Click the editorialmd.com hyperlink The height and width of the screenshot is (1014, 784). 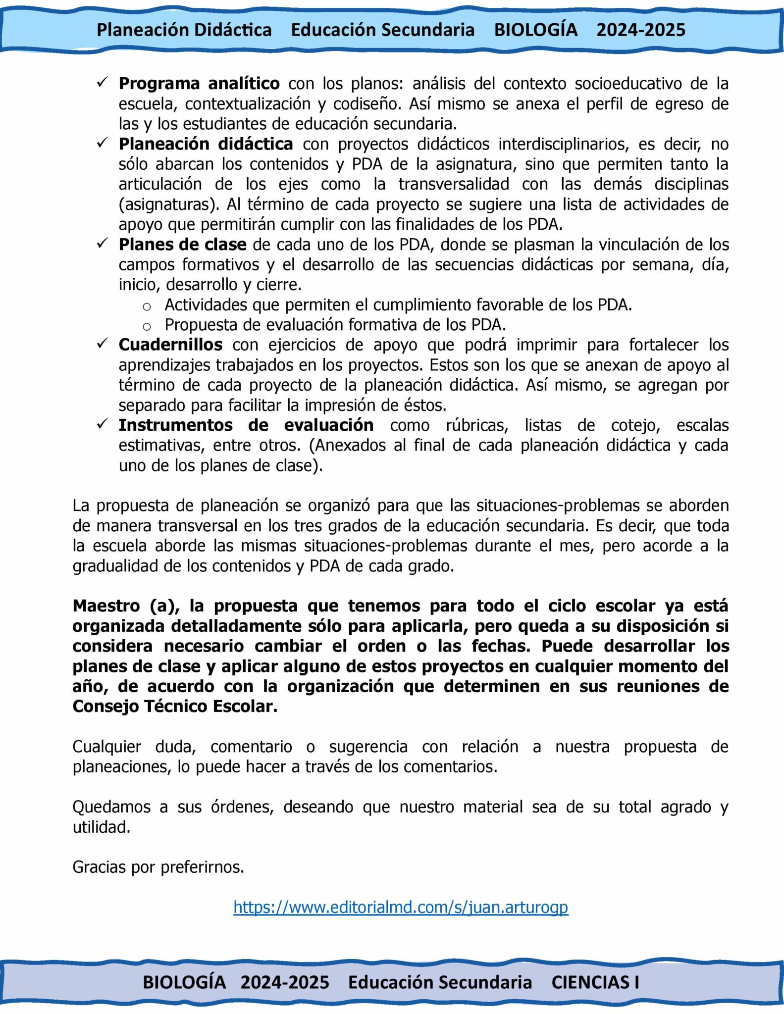pos(401,907)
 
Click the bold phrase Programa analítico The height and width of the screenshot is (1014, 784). pos(199,84)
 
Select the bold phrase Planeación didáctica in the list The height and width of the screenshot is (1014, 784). pos(206,144)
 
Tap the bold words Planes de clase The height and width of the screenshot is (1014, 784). pos(182,245)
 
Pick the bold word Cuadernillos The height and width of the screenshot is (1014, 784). pos(170,345)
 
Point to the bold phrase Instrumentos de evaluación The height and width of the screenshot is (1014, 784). pos(246,425)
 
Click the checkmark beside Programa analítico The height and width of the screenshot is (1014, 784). pos(103,82)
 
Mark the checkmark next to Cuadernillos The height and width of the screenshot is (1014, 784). pos(103,343)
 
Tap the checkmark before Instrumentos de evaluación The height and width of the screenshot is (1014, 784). pos(103,424)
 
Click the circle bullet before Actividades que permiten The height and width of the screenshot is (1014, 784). pos(147,307)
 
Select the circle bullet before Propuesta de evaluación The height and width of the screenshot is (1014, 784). pos(147,327)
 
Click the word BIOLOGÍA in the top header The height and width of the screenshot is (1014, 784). pos(536,30)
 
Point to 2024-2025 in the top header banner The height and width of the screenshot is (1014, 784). pos(641,30)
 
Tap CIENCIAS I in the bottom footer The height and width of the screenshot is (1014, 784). pos(595,982)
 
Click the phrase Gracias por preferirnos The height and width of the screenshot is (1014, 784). pos(158,867)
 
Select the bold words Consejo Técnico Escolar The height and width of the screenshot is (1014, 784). pos(174,707)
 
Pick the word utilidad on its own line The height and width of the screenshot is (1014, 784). pos(101,827)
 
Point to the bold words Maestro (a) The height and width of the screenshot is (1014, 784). pos(126,606)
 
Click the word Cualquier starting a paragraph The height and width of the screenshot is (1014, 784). pos(106,747)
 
